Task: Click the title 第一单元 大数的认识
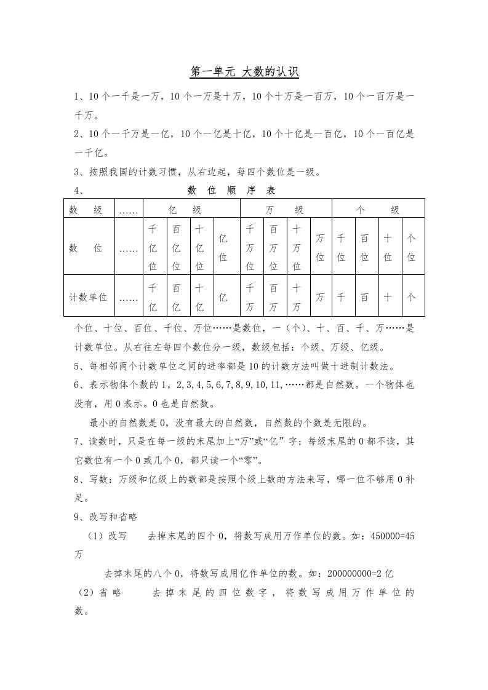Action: point(244,73)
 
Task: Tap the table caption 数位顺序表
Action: point(231,191)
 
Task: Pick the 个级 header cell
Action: point(378,210)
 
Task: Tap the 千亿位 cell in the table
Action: point(153,248)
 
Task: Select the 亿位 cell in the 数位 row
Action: point(223,248)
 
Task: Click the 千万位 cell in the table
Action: point(250,248)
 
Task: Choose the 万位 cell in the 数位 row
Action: point(320,248)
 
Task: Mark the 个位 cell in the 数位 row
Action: point(411,248)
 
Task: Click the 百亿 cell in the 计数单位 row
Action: point(177,297)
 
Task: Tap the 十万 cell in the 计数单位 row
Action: point(297,297)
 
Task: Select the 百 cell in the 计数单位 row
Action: point(364,297)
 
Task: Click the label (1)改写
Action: point(105,536)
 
